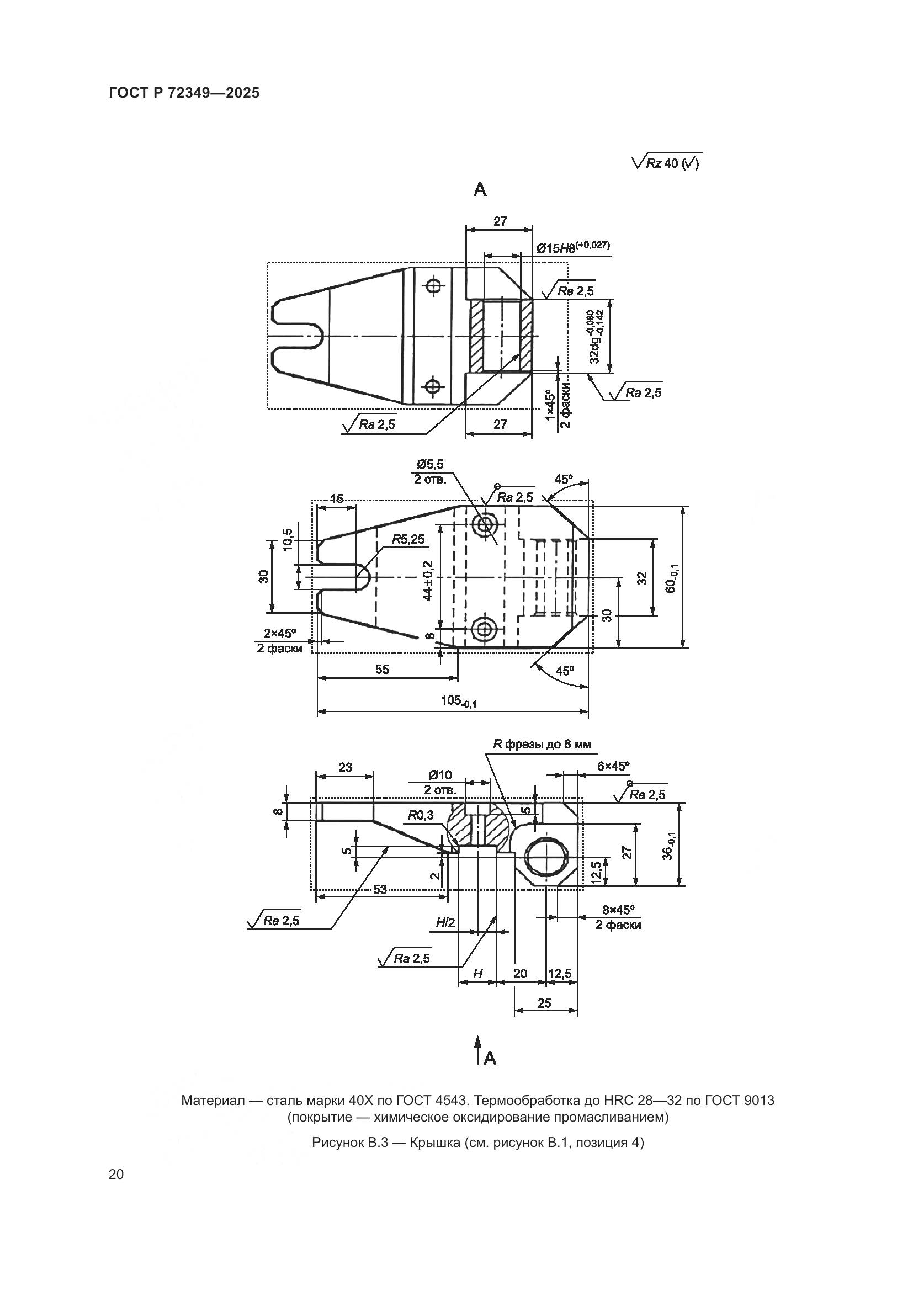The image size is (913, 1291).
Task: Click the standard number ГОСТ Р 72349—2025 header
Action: click(184, 93)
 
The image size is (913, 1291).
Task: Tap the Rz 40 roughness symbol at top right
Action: click(667, 162)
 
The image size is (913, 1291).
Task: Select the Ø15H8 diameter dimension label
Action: click(572, 247)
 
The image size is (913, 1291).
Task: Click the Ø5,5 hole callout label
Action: click(430, 464)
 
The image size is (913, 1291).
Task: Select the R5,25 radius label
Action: click(408, 539)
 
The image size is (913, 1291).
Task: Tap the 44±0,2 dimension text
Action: click(429, 580)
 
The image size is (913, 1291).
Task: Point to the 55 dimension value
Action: click(382, 669)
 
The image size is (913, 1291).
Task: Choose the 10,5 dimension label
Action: click(288, 540)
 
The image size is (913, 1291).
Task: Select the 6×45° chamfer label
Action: click(613, 766)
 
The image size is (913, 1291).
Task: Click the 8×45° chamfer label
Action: click(618, 909)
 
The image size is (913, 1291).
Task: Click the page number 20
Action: click(116, 1174)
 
